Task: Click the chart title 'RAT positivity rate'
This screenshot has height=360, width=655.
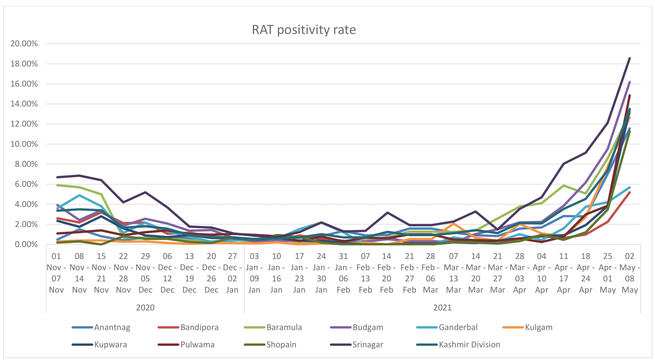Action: [x=304, y=30]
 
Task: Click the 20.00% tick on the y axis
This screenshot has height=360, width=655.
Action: [x=24, y=44]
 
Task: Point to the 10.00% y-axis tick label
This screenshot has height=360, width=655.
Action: [x=24, y=144]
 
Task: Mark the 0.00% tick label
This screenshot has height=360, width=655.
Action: [x=26, y=244]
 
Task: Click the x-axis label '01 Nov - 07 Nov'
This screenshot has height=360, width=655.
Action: [x=56, y=273]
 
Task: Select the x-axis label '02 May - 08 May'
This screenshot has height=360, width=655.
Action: [x=630, y=273]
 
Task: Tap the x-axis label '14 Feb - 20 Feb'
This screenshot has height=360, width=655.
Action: [x=387, y=273]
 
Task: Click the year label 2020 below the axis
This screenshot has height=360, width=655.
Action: [x=145, y=307]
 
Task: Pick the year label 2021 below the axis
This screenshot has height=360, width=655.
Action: [x=442, y=307]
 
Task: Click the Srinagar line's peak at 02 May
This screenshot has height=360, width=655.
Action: [x=630, y=58]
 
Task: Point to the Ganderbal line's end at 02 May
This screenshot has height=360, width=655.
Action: [x=630, y=187]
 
